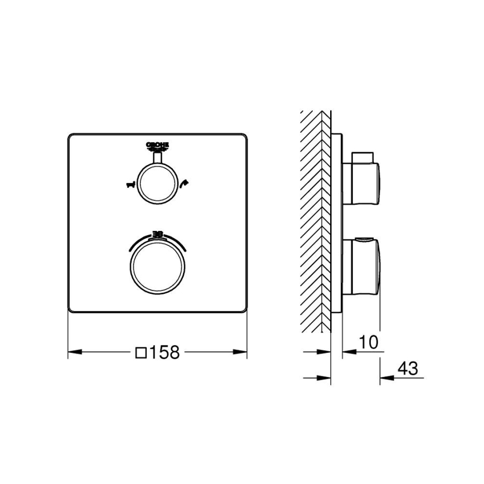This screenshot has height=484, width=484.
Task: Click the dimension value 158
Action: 164,352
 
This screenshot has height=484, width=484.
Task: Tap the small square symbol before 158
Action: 142,352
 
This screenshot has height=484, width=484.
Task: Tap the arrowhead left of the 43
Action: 386,377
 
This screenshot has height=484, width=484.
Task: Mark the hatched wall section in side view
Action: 316,223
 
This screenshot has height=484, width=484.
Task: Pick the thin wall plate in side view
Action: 337,223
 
